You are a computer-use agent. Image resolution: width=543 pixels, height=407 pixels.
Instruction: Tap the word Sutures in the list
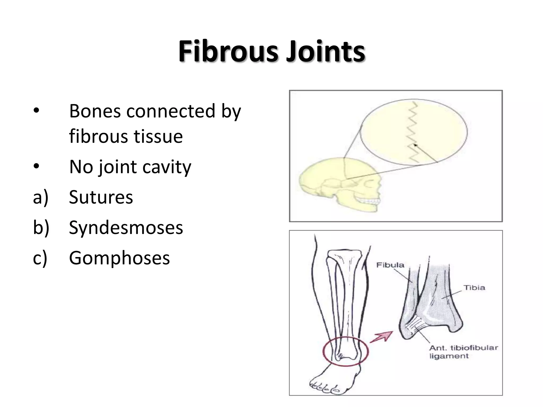coord(101,197)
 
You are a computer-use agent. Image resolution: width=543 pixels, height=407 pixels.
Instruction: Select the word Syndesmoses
coord(126,228)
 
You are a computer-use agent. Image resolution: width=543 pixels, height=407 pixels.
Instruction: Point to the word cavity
coord(167,167)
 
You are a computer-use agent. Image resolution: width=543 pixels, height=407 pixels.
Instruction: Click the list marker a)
coord(41,197)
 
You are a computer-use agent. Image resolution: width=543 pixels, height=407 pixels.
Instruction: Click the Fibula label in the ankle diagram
coord(390,265)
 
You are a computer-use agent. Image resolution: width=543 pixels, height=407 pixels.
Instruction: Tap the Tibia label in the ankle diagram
coord(474,287)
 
